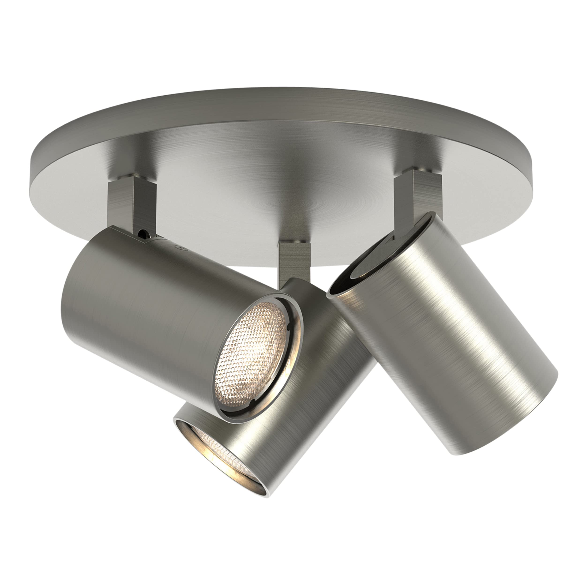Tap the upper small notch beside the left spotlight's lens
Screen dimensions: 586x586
289,327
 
